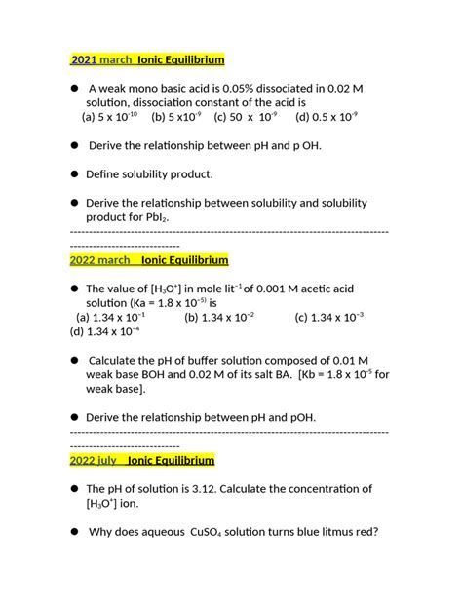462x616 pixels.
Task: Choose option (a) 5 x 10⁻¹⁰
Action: click(x=109, y=117)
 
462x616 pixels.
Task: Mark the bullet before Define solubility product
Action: click(x=73, y=174)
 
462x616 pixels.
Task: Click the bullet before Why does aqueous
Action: click(x=73, y=532)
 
